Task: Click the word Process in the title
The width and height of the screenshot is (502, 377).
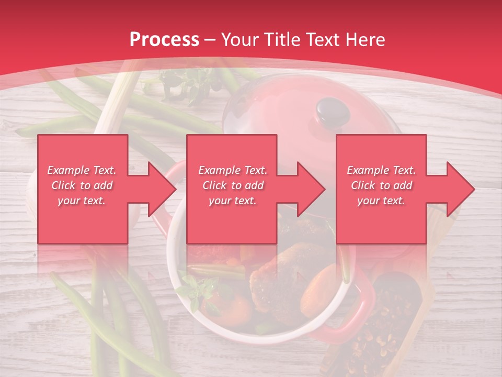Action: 164,39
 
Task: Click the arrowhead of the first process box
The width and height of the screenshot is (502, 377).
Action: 162,189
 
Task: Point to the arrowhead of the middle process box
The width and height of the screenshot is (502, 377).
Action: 311,189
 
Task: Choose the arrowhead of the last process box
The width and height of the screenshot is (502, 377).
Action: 461,189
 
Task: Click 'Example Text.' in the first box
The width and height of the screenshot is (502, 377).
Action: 82,170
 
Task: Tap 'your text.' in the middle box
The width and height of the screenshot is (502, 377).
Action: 232,201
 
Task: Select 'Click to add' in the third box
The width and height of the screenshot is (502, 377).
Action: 381,185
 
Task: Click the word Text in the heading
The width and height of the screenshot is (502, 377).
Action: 322,39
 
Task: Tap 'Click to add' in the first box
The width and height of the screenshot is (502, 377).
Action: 82,185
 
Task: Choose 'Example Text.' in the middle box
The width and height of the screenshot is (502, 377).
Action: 232,170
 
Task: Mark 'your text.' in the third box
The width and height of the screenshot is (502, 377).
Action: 381,201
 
